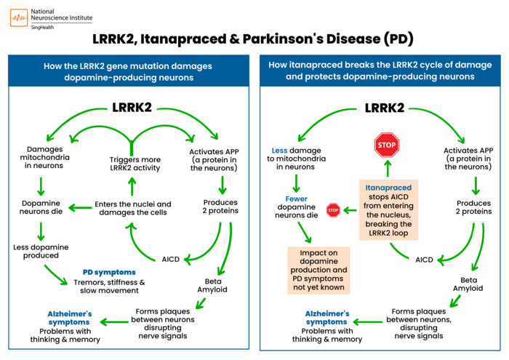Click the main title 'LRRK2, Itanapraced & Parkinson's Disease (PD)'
[254, 39]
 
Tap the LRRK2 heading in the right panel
[385, 107]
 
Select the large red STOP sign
[387, 145]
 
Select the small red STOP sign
[334, 211]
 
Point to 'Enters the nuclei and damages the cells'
[134, 208]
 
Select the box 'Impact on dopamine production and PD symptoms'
[318, 266]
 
